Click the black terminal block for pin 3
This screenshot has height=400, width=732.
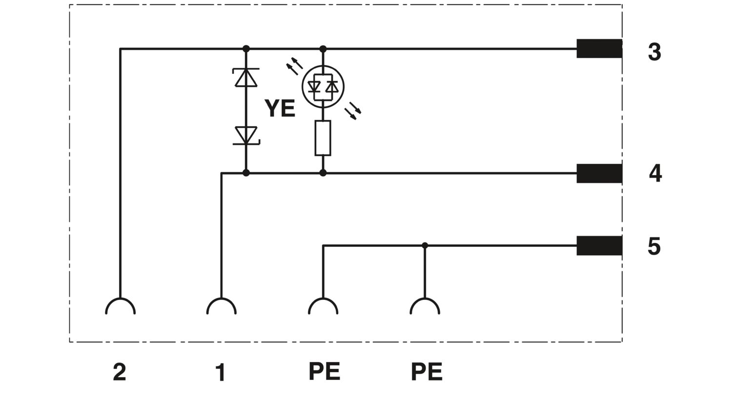tap(599, 49)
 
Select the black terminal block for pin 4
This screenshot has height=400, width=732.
tap(599, 173)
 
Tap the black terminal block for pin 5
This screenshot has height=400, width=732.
tap(599, 245)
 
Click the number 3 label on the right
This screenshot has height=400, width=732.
tap(654, 52)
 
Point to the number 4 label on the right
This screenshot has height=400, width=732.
tap(655, 173)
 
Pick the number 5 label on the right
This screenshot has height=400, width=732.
tap(654, 246)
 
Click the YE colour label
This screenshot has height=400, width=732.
tap(280, 108)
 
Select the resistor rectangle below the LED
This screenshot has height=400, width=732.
tap(323, 138)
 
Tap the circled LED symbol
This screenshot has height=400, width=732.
tap(323, 87)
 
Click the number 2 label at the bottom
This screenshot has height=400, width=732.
tap(120, 372)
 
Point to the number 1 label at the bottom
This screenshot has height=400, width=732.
tap(221, 373)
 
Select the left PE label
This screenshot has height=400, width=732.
tap(325, 371)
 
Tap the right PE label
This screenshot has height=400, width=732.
tap(427, 372)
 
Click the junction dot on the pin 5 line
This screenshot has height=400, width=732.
tap(425, 245)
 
